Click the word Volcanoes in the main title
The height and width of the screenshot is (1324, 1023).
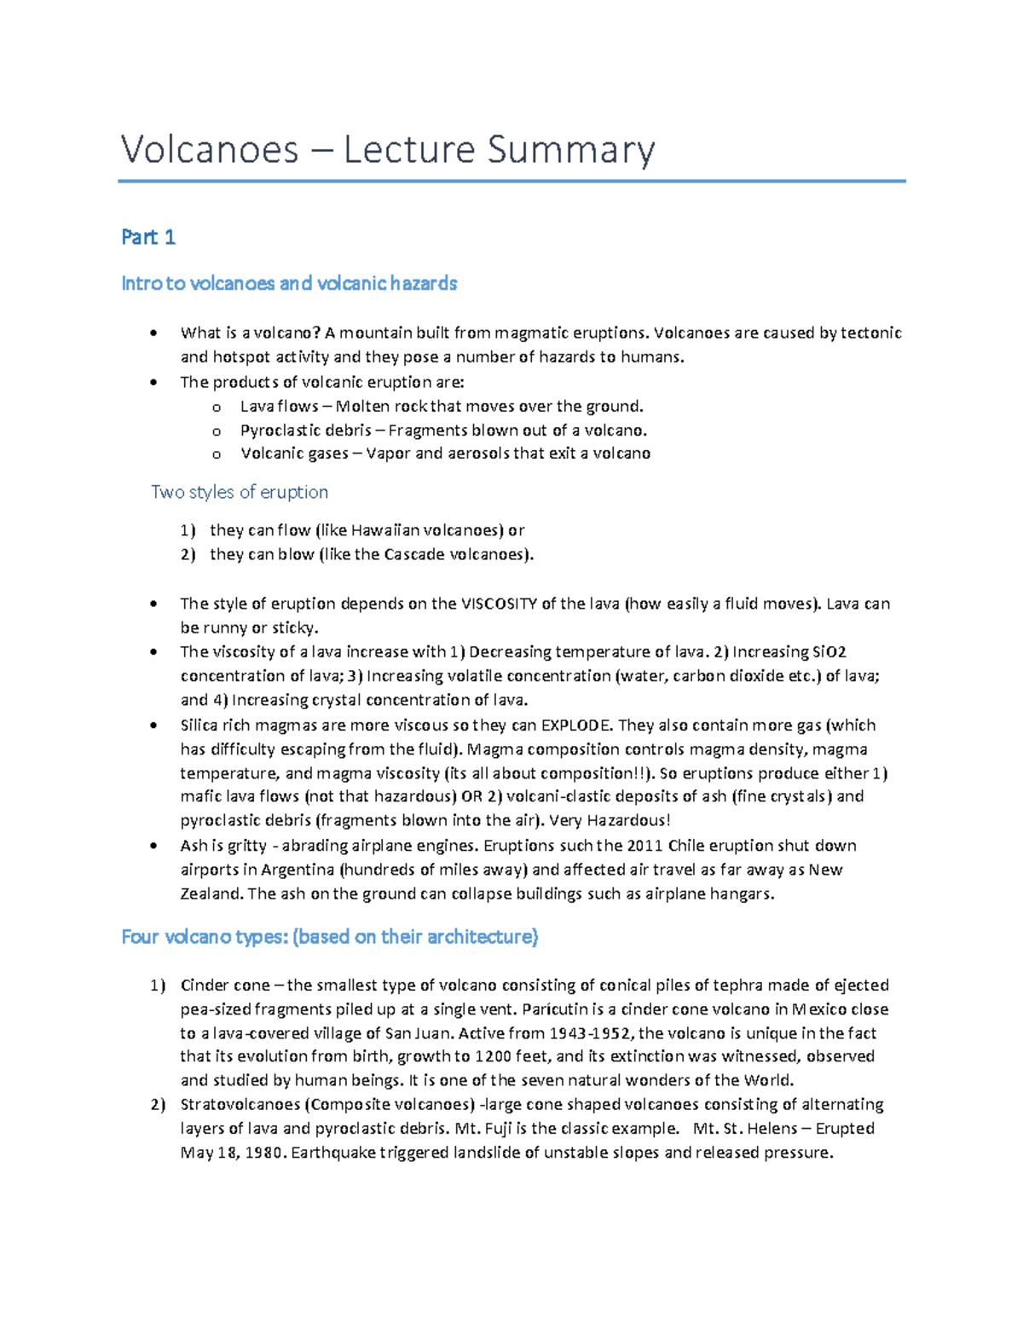(210, 150)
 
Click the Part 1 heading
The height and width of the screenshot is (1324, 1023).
(148, 237)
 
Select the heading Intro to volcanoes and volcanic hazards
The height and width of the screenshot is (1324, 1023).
(289, 283)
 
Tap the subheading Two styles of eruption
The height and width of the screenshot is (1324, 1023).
(240, 492)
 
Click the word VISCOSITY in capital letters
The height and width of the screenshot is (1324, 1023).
(499, 604)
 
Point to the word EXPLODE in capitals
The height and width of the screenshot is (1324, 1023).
(576, 726)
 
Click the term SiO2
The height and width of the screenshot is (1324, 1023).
(829, 652)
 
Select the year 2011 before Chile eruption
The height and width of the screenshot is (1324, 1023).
(644, 846)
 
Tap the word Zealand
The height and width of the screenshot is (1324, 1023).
(211, 894)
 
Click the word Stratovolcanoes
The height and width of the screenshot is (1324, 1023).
(240, 1105)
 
